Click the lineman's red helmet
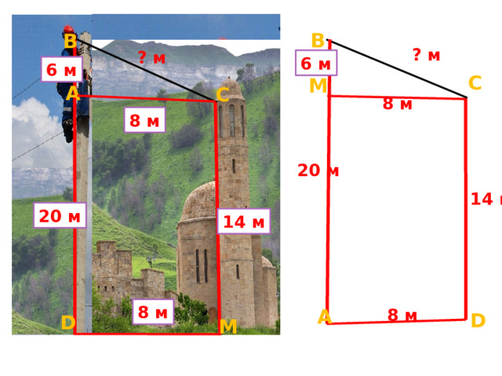coord(68,30)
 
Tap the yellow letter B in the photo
coord(71,42)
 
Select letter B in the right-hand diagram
coord(318,41)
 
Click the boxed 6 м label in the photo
coord(62,70)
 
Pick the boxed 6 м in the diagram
coord(316,63)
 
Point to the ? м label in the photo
coord(151,57)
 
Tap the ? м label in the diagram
coord(427,55)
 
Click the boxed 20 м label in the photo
coord(60,215)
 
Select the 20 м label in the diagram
coord(318,171)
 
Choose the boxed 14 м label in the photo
coord(244,221)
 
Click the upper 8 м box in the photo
coord(144,120)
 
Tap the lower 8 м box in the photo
coord(153,312)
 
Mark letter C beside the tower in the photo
coord(223,95)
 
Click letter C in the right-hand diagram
coord(475,83)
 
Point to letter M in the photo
coord(228,326)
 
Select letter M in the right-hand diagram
coord(318,85)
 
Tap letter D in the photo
coord(68,322)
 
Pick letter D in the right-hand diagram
coord(478,320)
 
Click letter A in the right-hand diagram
coord(324,316)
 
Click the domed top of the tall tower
coord(231,88)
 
